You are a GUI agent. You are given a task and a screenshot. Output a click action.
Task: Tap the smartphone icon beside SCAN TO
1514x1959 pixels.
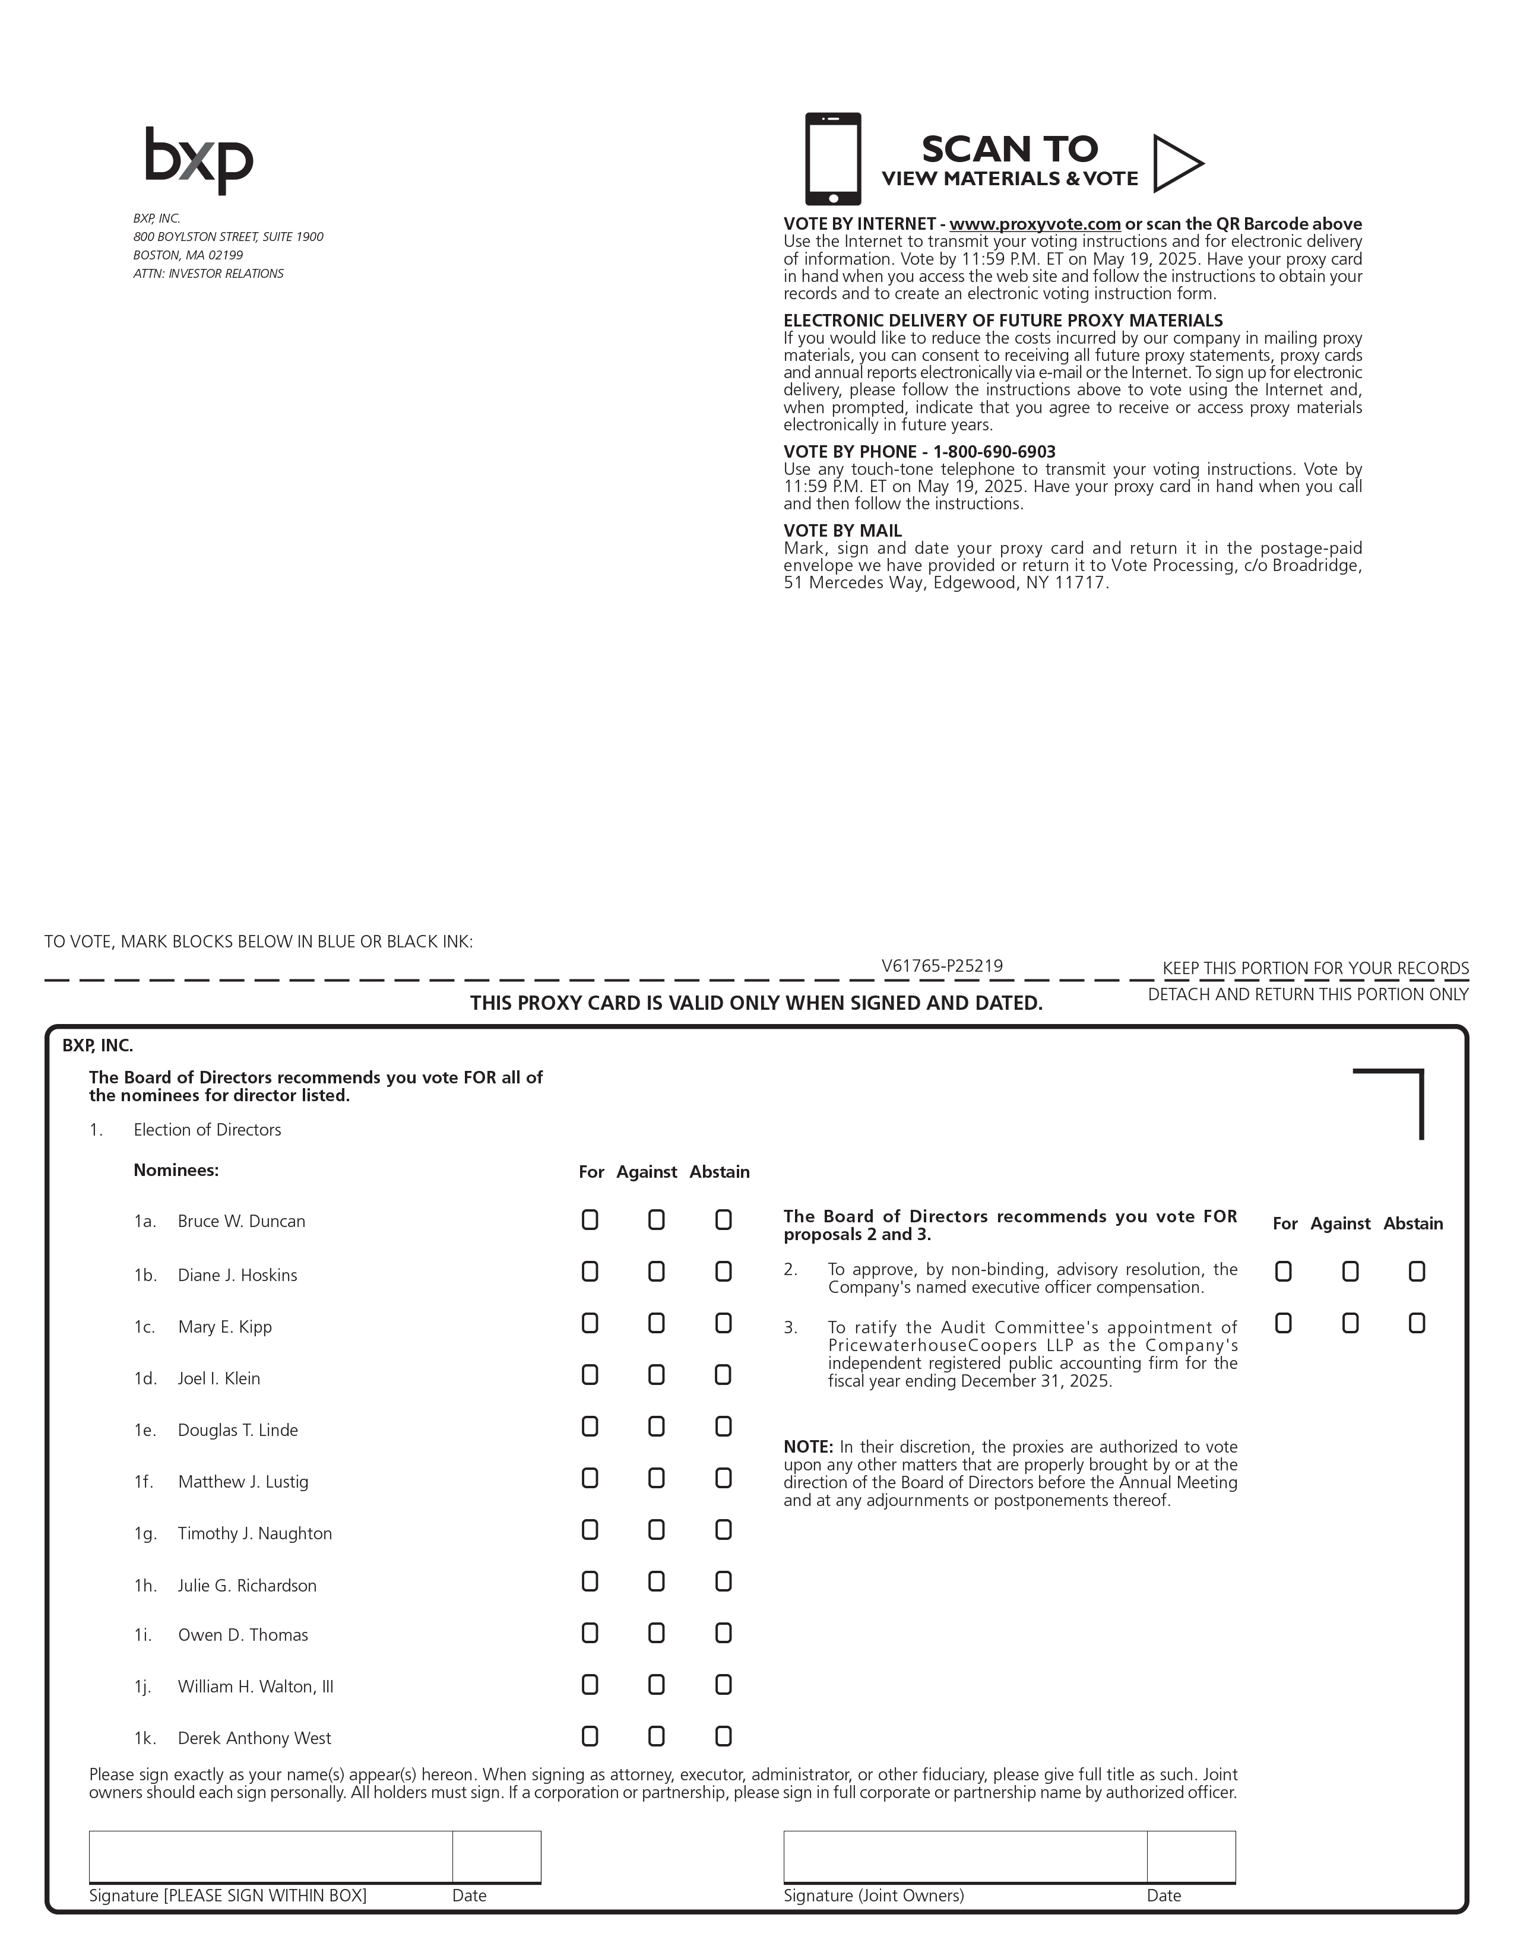click(x=832, y=159)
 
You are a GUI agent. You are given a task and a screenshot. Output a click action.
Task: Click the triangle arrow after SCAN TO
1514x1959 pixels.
click(x=1176, y=163)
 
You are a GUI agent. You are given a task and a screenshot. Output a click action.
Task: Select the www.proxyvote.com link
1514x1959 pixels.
click(x=1034, y=224)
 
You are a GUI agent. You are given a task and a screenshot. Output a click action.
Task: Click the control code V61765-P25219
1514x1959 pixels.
click(x=942, y=966)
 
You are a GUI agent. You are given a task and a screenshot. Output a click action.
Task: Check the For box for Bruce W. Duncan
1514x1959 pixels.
click(x=590, y=1220)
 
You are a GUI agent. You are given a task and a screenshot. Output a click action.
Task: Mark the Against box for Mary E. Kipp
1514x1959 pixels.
click(x=657, y=1324)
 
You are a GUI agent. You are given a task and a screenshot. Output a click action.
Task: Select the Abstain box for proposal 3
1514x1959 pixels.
click(x=1416, y=1324)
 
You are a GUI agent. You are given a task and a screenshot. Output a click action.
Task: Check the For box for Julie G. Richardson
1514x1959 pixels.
click(x=590, y=1582)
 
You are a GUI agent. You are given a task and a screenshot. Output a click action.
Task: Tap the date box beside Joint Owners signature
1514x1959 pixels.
click(x=1190, y=1856)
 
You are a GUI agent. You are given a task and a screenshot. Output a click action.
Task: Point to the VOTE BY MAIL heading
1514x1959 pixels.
click(x=842, y=531)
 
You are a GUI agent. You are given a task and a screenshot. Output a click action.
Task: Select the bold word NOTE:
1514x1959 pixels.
click(x=808, y=1447)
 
